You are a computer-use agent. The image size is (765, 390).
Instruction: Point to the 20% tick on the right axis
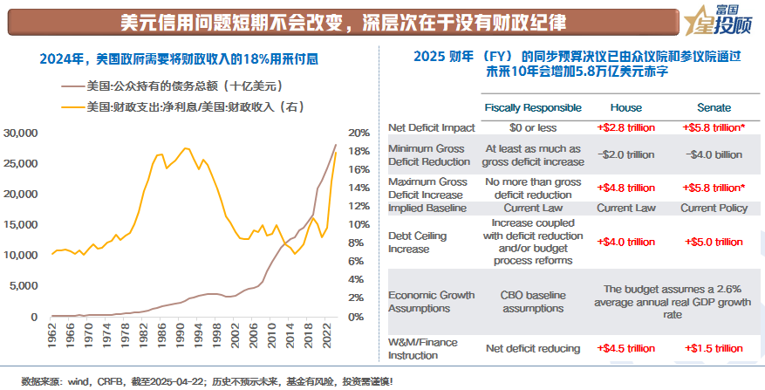[359, 133]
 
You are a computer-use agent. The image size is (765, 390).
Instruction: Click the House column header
[625, 107]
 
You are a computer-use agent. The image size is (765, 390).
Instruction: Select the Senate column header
[714, 107]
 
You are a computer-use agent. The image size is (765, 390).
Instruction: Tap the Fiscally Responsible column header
[532, 107]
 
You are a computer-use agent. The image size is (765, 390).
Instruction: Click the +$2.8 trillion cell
[625, 127]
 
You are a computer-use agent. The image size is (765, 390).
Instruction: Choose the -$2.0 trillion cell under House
[625, 154]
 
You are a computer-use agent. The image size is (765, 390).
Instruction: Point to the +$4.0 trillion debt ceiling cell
[625, 242]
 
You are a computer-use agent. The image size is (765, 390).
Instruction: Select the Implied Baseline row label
[428, 209]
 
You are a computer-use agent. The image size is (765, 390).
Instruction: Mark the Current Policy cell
[714, 209]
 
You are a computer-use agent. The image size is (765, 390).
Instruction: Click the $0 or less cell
[532, 127]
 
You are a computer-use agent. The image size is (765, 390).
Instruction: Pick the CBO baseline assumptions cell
[532, 302]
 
